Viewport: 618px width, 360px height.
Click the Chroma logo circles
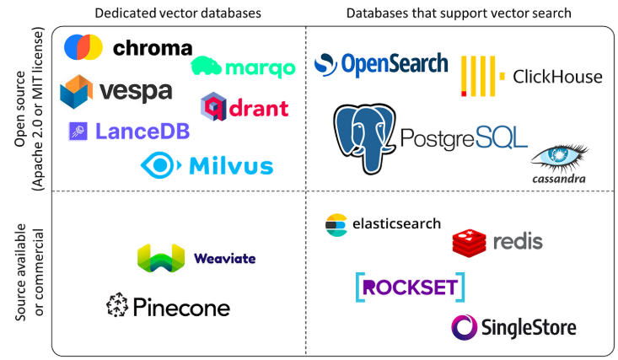tap(83, 47)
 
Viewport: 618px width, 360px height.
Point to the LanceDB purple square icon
tap(78, 131)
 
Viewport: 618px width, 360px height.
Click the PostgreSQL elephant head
tap(364, 135)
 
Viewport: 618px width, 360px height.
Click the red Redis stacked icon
tap(469, 243)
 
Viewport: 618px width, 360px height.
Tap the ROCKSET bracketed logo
tap(409, 287)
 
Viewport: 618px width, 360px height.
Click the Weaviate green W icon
tap(160, 258)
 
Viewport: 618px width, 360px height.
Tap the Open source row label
tap(28, 110)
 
